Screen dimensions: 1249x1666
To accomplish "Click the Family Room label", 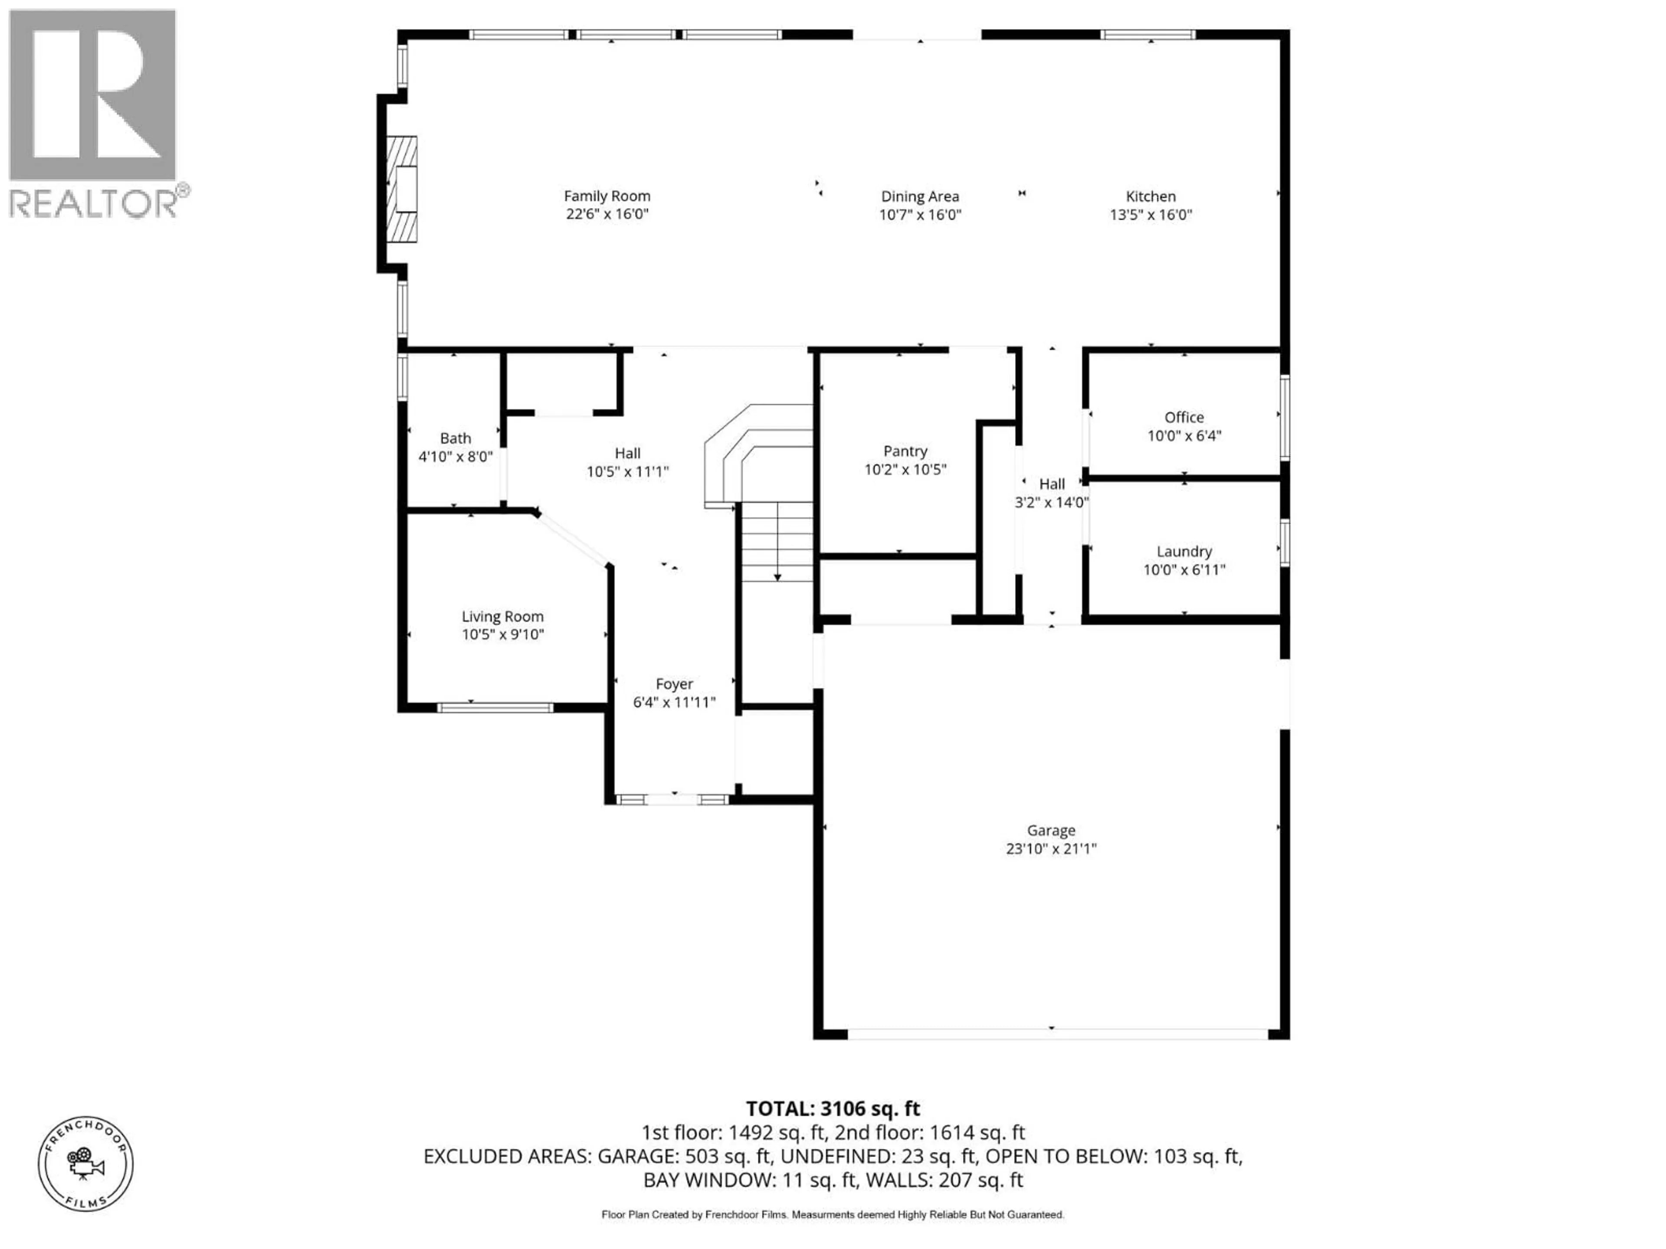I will (x=607, y=196).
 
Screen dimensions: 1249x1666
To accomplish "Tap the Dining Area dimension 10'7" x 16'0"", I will (x=920, y=215).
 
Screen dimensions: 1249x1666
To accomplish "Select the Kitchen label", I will (x=1150, y=196).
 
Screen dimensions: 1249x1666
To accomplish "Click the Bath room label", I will (x=455, y=438).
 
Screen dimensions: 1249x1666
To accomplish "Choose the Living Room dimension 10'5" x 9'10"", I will (x=502, y=634).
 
